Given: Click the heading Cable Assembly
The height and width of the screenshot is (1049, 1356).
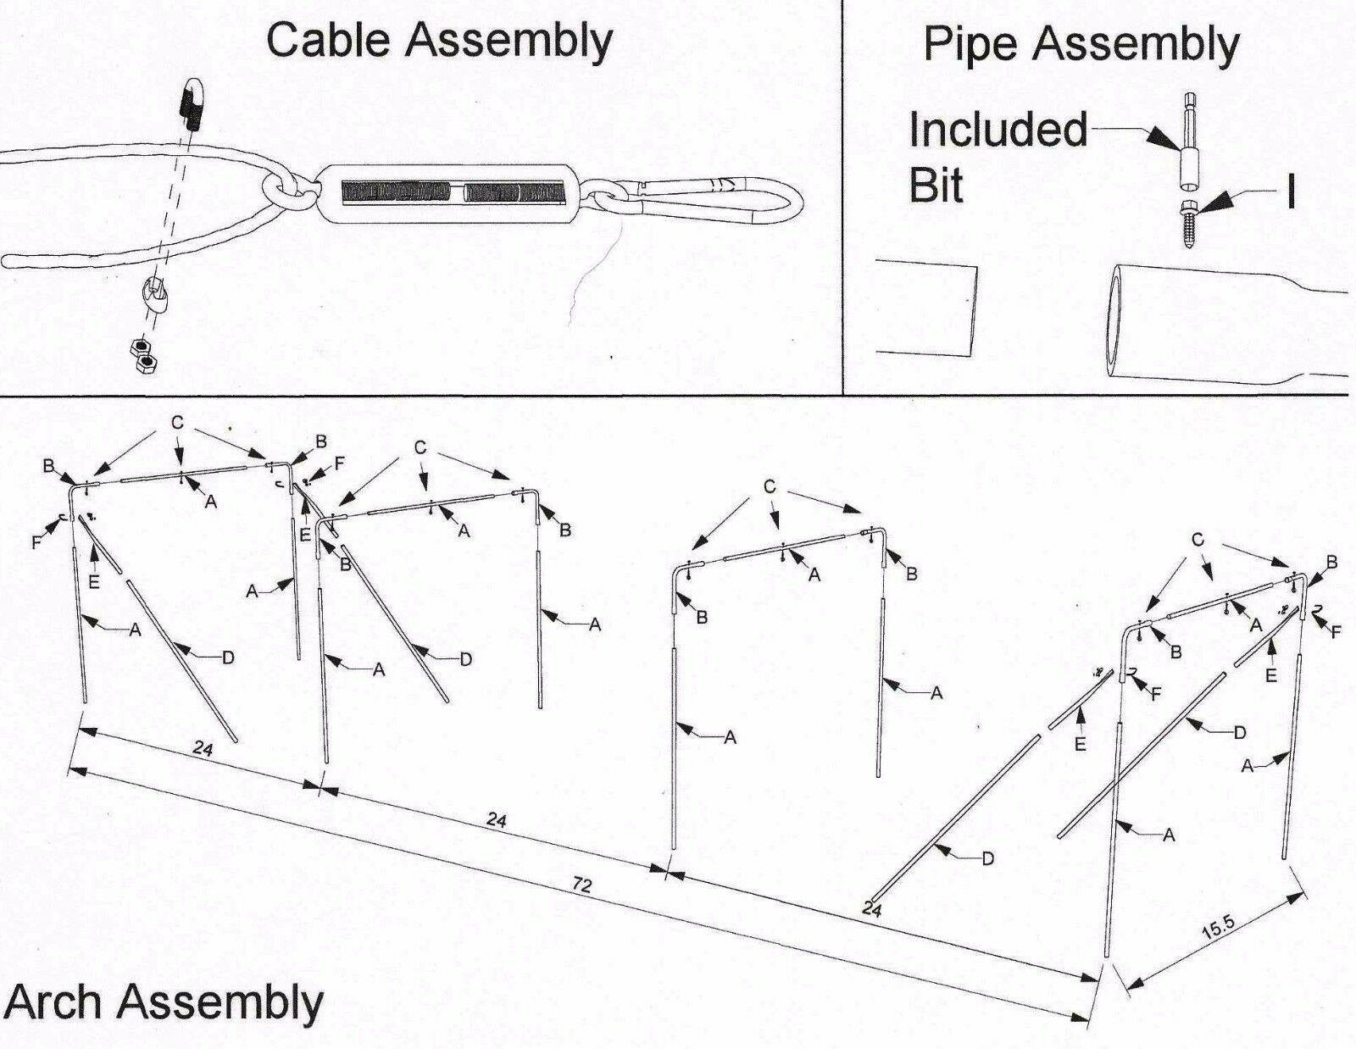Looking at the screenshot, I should [x=439, y=40].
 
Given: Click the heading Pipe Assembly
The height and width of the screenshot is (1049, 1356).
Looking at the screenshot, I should [x=1081, y=43].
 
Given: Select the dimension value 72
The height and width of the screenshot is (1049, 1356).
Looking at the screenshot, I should [x=581, y=886].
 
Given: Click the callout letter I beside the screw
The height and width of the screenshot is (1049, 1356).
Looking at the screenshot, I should [x=1290, y=193].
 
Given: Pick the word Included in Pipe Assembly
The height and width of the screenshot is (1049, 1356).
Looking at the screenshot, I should [x=998, y=130].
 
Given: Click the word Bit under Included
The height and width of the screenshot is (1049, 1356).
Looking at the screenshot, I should [x=936, y=184].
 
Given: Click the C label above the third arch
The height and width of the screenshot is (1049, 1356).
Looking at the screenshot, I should [x=770, y=487].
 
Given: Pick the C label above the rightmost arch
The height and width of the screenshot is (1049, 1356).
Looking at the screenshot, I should [x=1197, y=539].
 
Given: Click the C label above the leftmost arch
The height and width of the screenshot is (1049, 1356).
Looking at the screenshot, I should [x=177, y=421].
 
